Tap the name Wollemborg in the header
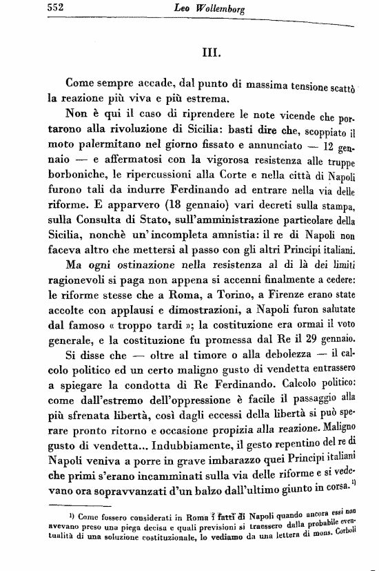[x=221, y=9]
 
